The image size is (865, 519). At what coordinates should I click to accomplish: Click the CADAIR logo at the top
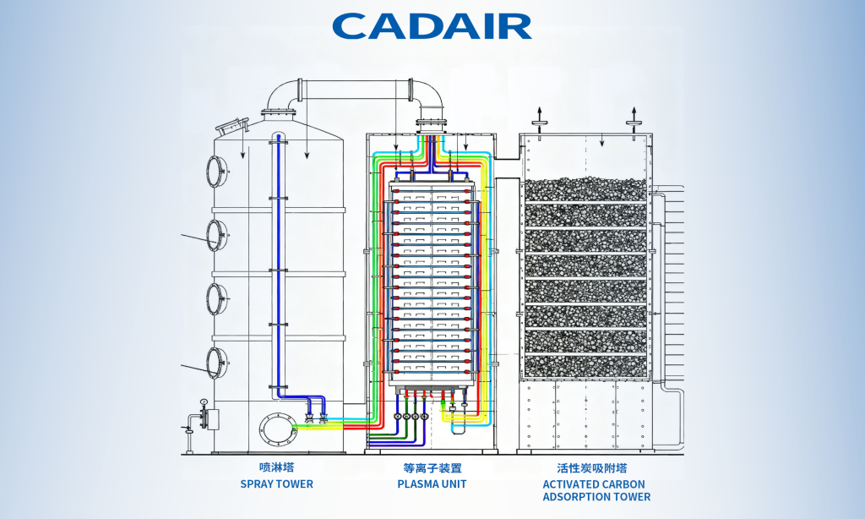pos(432,25)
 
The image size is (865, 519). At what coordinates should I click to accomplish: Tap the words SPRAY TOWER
pos(276,484)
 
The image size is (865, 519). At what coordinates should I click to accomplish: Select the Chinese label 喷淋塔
pos(276,467)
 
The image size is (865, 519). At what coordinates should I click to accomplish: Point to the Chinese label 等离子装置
pos(432,467)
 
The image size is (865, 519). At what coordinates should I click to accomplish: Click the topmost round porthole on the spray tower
pos(217,170)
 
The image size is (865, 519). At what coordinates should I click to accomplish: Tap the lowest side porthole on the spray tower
pos(217,361)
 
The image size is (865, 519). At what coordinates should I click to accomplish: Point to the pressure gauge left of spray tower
pos(204,402)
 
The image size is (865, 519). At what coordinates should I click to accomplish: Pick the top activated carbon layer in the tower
pos(585,189)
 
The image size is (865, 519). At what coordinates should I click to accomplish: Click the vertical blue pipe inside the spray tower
pos(276,262)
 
